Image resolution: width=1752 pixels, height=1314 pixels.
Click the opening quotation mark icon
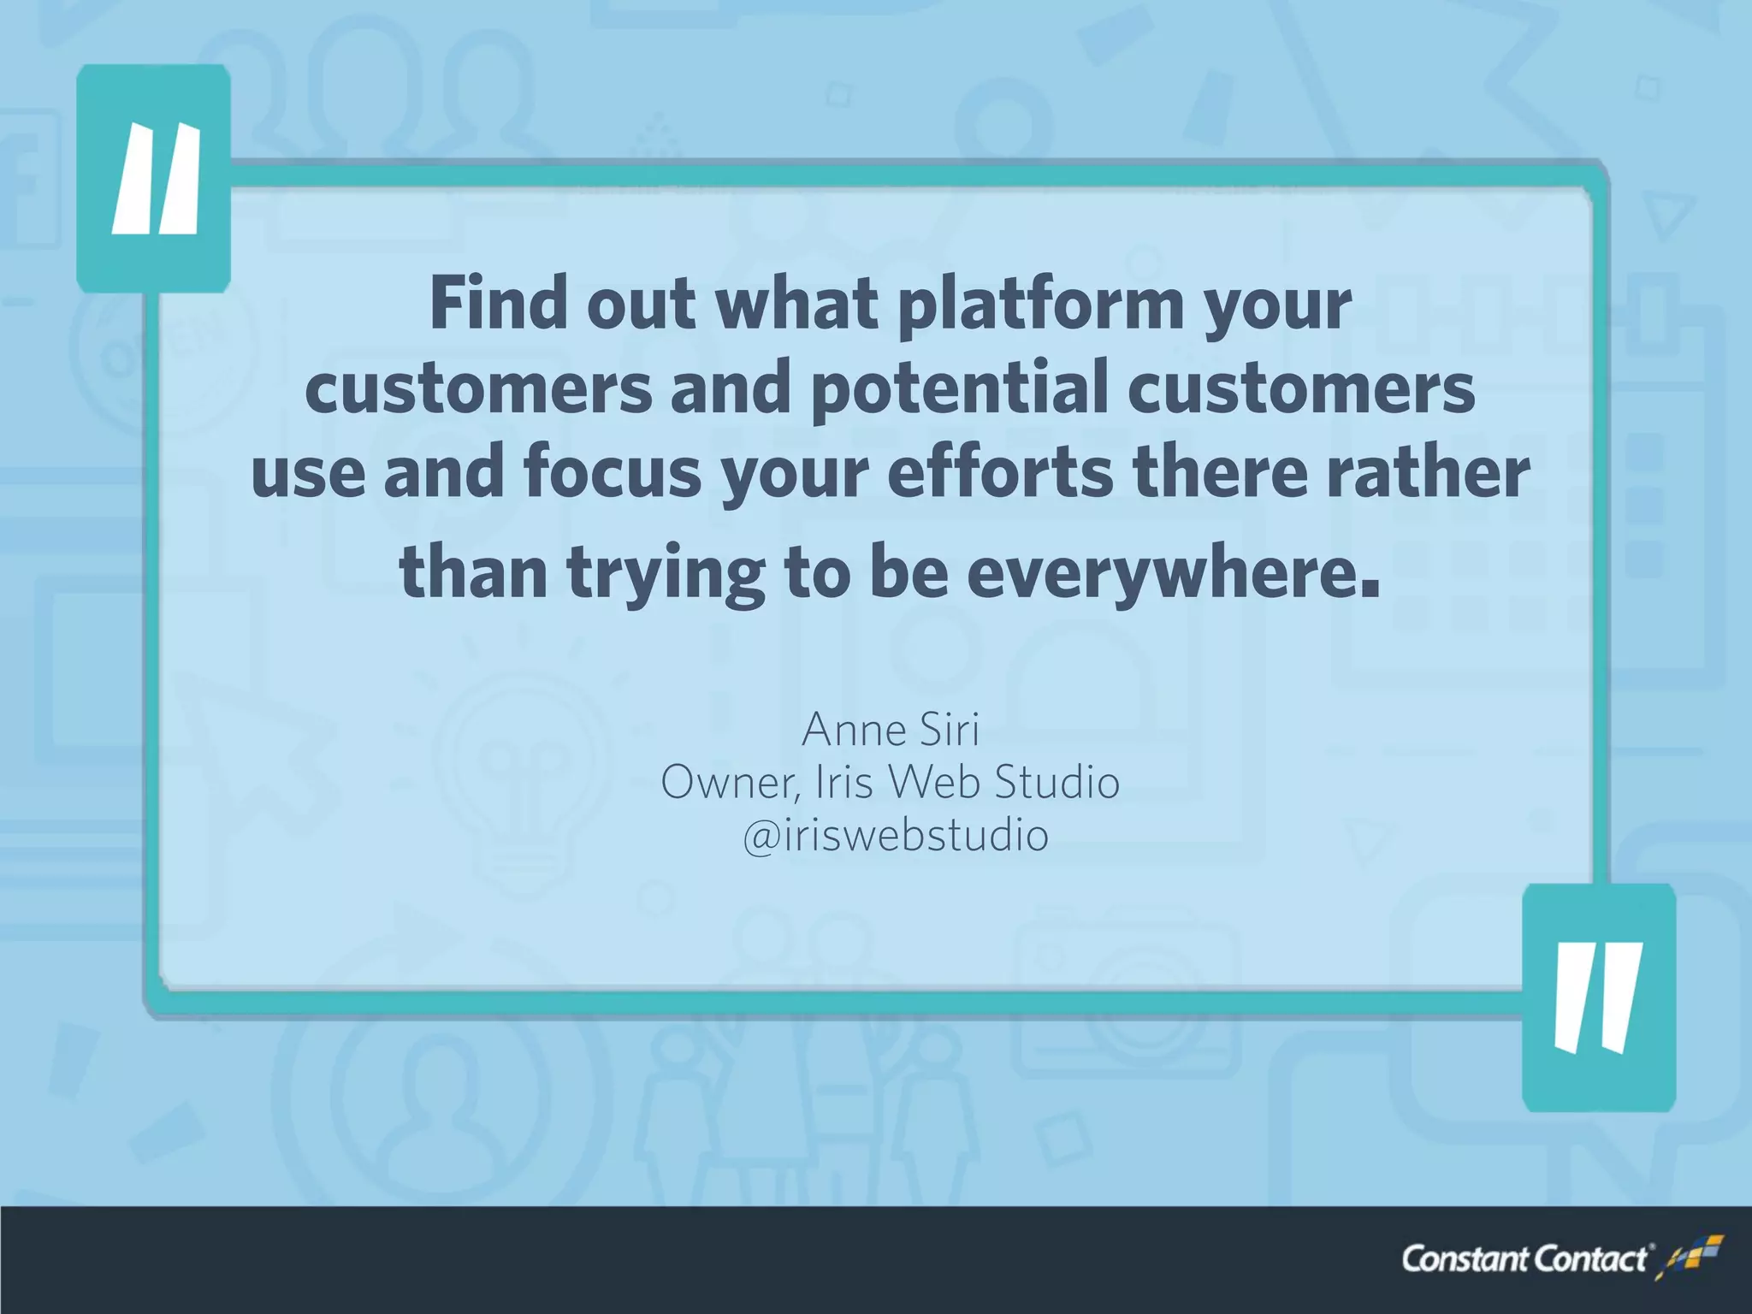(154, 179)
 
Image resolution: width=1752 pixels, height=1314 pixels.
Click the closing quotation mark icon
(1598, 997)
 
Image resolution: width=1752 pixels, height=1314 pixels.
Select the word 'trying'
(666, 575)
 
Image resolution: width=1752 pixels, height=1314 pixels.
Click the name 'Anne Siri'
(890, 730)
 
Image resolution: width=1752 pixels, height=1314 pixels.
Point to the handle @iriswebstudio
(895, 836)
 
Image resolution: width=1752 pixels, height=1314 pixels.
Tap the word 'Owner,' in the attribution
(731, 783)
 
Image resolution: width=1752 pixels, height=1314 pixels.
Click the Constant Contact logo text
(1524, 1259)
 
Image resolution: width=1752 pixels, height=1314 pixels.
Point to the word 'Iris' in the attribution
(846, 783)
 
